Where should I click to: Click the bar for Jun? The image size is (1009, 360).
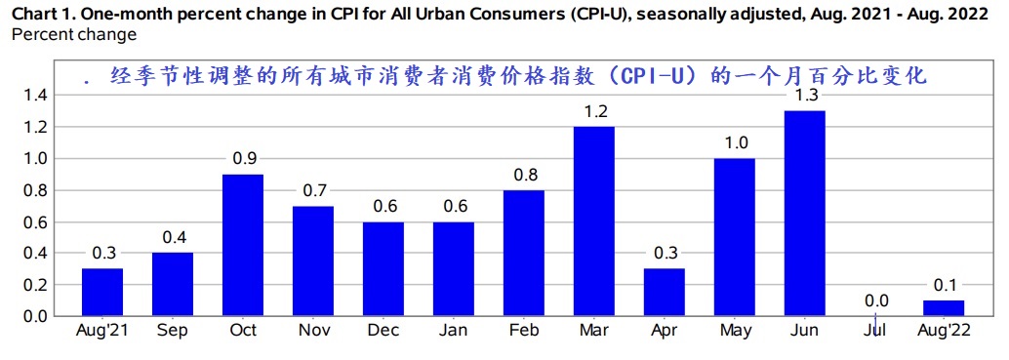tap(804, 214)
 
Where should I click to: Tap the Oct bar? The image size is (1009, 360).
tap(243, 245)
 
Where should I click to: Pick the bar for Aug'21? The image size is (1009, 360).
tap(102, 292)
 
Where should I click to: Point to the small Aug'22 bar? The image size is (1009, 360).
tap(944, 308)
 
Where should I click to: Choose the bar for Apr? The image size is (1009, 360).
tap(664, 292)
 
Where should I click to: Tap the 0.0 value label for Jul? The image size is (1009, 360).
tap(875, 301)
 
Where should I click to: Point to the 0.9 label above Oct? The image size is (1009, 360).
tap(243, 159)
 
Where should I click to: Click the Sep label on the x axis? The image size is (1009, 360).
tap(173, 331)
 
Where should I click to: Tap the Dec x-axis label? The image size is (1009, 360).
tap(383, 331)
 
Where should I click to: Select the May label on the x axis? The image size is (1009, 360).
tap(734, 331)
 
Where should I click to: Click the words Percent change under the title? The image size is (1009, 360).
tap(73, 33)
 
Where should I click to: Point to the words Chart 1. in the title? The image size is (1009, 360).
tap(38, 14)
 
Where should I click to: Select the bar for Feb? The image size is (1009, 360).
tap(523, 253)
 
